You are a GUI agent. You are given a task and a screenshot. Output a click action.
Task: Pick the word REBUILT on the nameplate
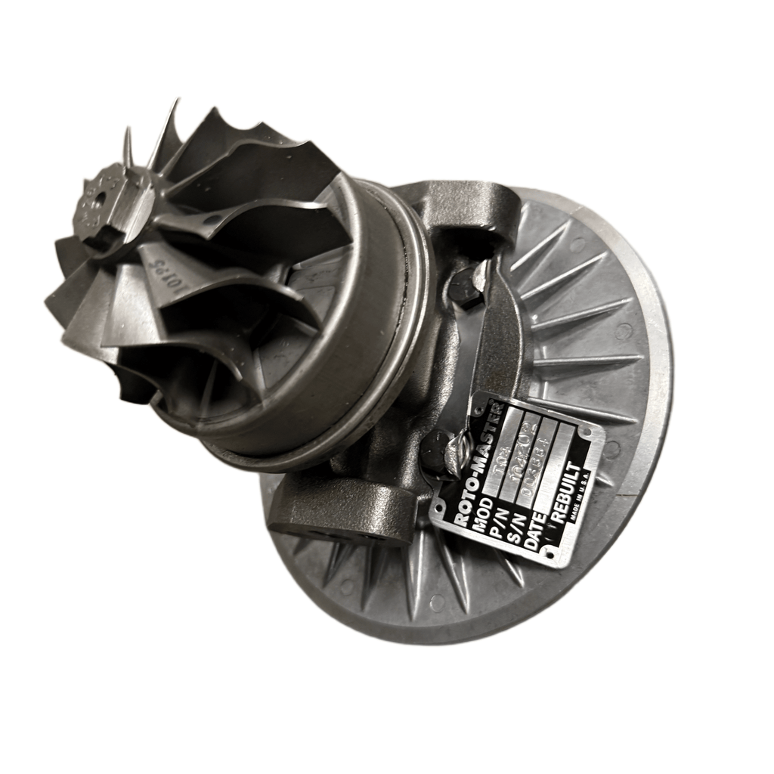tap(568, 489)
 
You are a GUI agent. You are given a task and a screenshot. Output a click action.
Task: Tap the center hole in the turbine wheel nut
tap(100, 199)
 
